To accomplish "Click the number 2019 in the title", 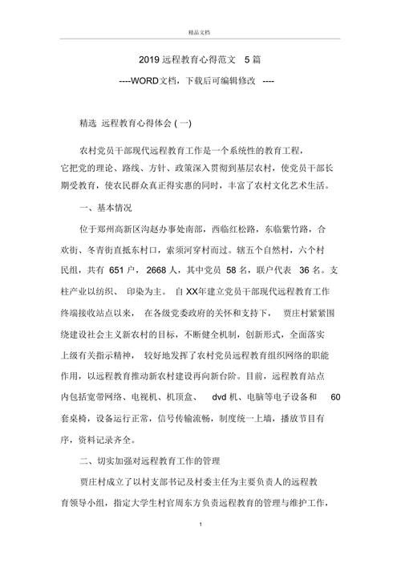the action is (149, 59).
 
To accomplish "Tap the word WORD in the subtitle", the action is (144, 81).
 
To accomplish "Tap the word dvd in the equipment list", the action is (221, 396).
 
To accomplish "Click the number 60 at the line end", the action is (335, 396).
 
